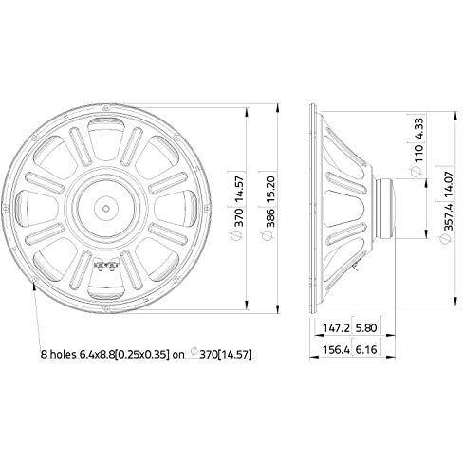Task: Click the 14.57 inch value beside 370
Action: (239, 189)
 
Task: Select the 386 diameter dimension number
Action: (269, 217)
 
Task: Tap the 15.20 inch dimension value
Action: (269, 189)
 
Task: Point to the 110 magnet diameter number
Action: (418, 154)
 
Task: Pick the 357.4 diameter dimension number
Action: (449, 216)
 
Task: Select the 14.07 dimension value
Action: (449, 185)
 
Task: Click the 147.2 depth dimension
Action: (336, 328)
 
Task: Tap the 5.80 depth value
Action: (366, 328)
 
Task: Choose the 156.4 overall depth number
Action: (336, 350)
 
